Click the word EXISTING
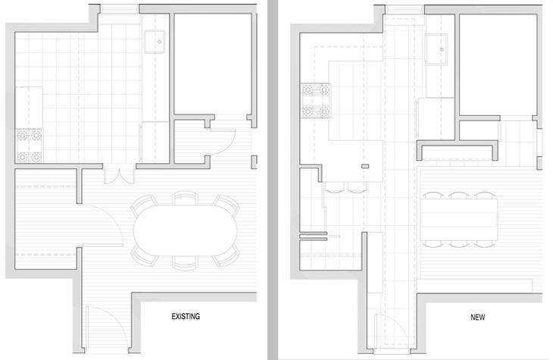tap(186, 316)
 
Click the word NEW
tap(477, 317)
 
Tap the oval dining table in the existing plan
tap(185, 230)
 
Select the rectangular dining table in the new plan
tap(459, 220)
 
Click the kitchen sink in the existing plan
tap(155, 42)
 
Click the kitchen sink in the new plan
tap(436, 49)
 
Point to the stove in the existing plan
tap(30, 146)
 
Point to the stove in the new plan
tap(316, 101)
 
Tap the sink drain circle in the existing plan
tap(159, 42)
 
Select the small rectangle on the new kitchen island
tap(365, 166)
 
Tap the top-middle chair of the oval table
tap(185, 199)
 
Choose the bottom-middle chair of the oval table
tap(185, 262)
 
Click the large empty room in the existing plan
tap(213, 64)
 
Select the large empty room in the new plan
tap(497, 65)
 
